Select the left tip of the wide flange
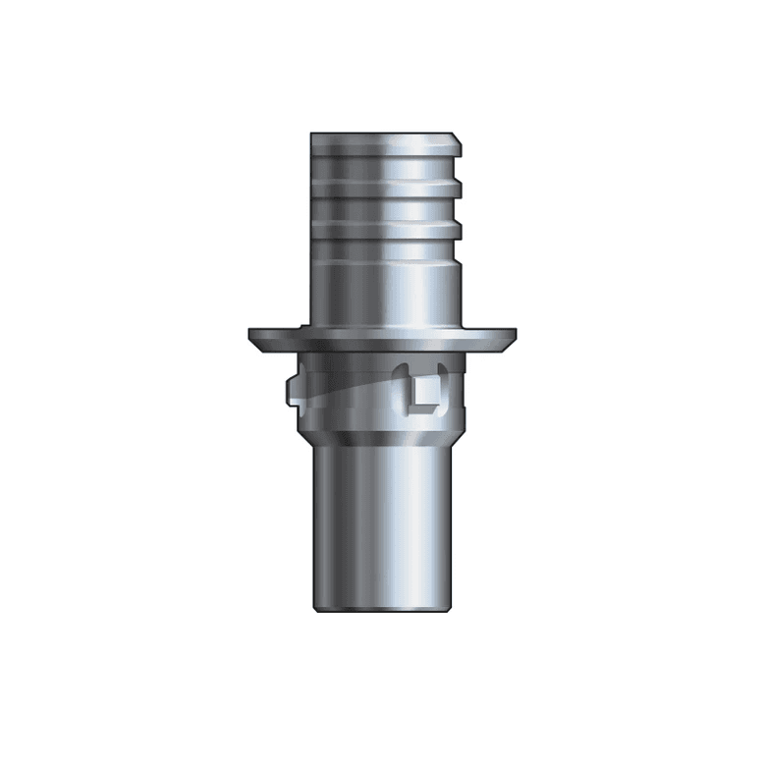252,336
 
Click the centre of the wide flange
382,339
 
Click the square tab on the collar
426,395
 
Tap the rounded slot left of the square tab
404,391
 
